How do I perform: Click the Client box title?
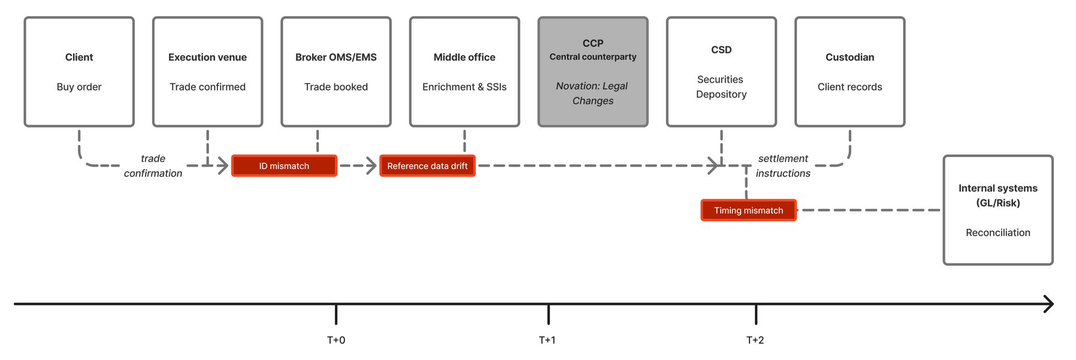(x=79, y=58)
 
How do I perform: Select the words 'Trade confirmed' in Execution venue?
(x=207, y=87)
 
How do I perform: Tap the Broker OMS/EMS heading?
(x=336, y=58)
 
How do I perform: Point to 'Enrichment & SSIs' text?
(x=464, y=87)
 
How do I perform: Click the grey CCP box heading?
(x=593, y=43)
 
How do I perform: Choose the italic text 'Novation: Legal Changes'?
(x=593, y=93)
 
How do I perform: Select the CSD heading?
(x=721, y=50)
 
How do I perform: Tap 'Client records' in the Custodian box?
(x=850, y=87)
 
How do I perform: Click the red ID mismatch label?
(x=284, y=166)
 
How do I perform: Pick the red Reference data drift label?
(x=427, y=166)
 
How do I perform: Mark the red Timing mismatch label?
(x=748, y=210)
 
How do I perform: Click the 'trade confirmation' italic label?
(x=153, y=166)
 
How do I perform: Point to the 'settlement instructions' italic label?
(x=782, y=166)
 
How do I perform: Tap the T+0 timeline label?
(x=336, y=340)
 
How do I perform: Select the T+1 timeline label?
(x=547, y=340)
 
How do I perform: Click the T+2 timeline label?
(x=755, y=340)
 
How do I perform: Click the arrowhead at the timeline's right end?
(x=1049, y=304)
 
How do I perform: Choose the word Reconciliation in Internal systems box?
(x=998, y=232)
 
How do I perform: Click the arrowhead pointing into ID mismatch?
(x=223, y=165)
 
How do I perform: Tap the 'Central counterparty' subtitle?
(x=593, y=57)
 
